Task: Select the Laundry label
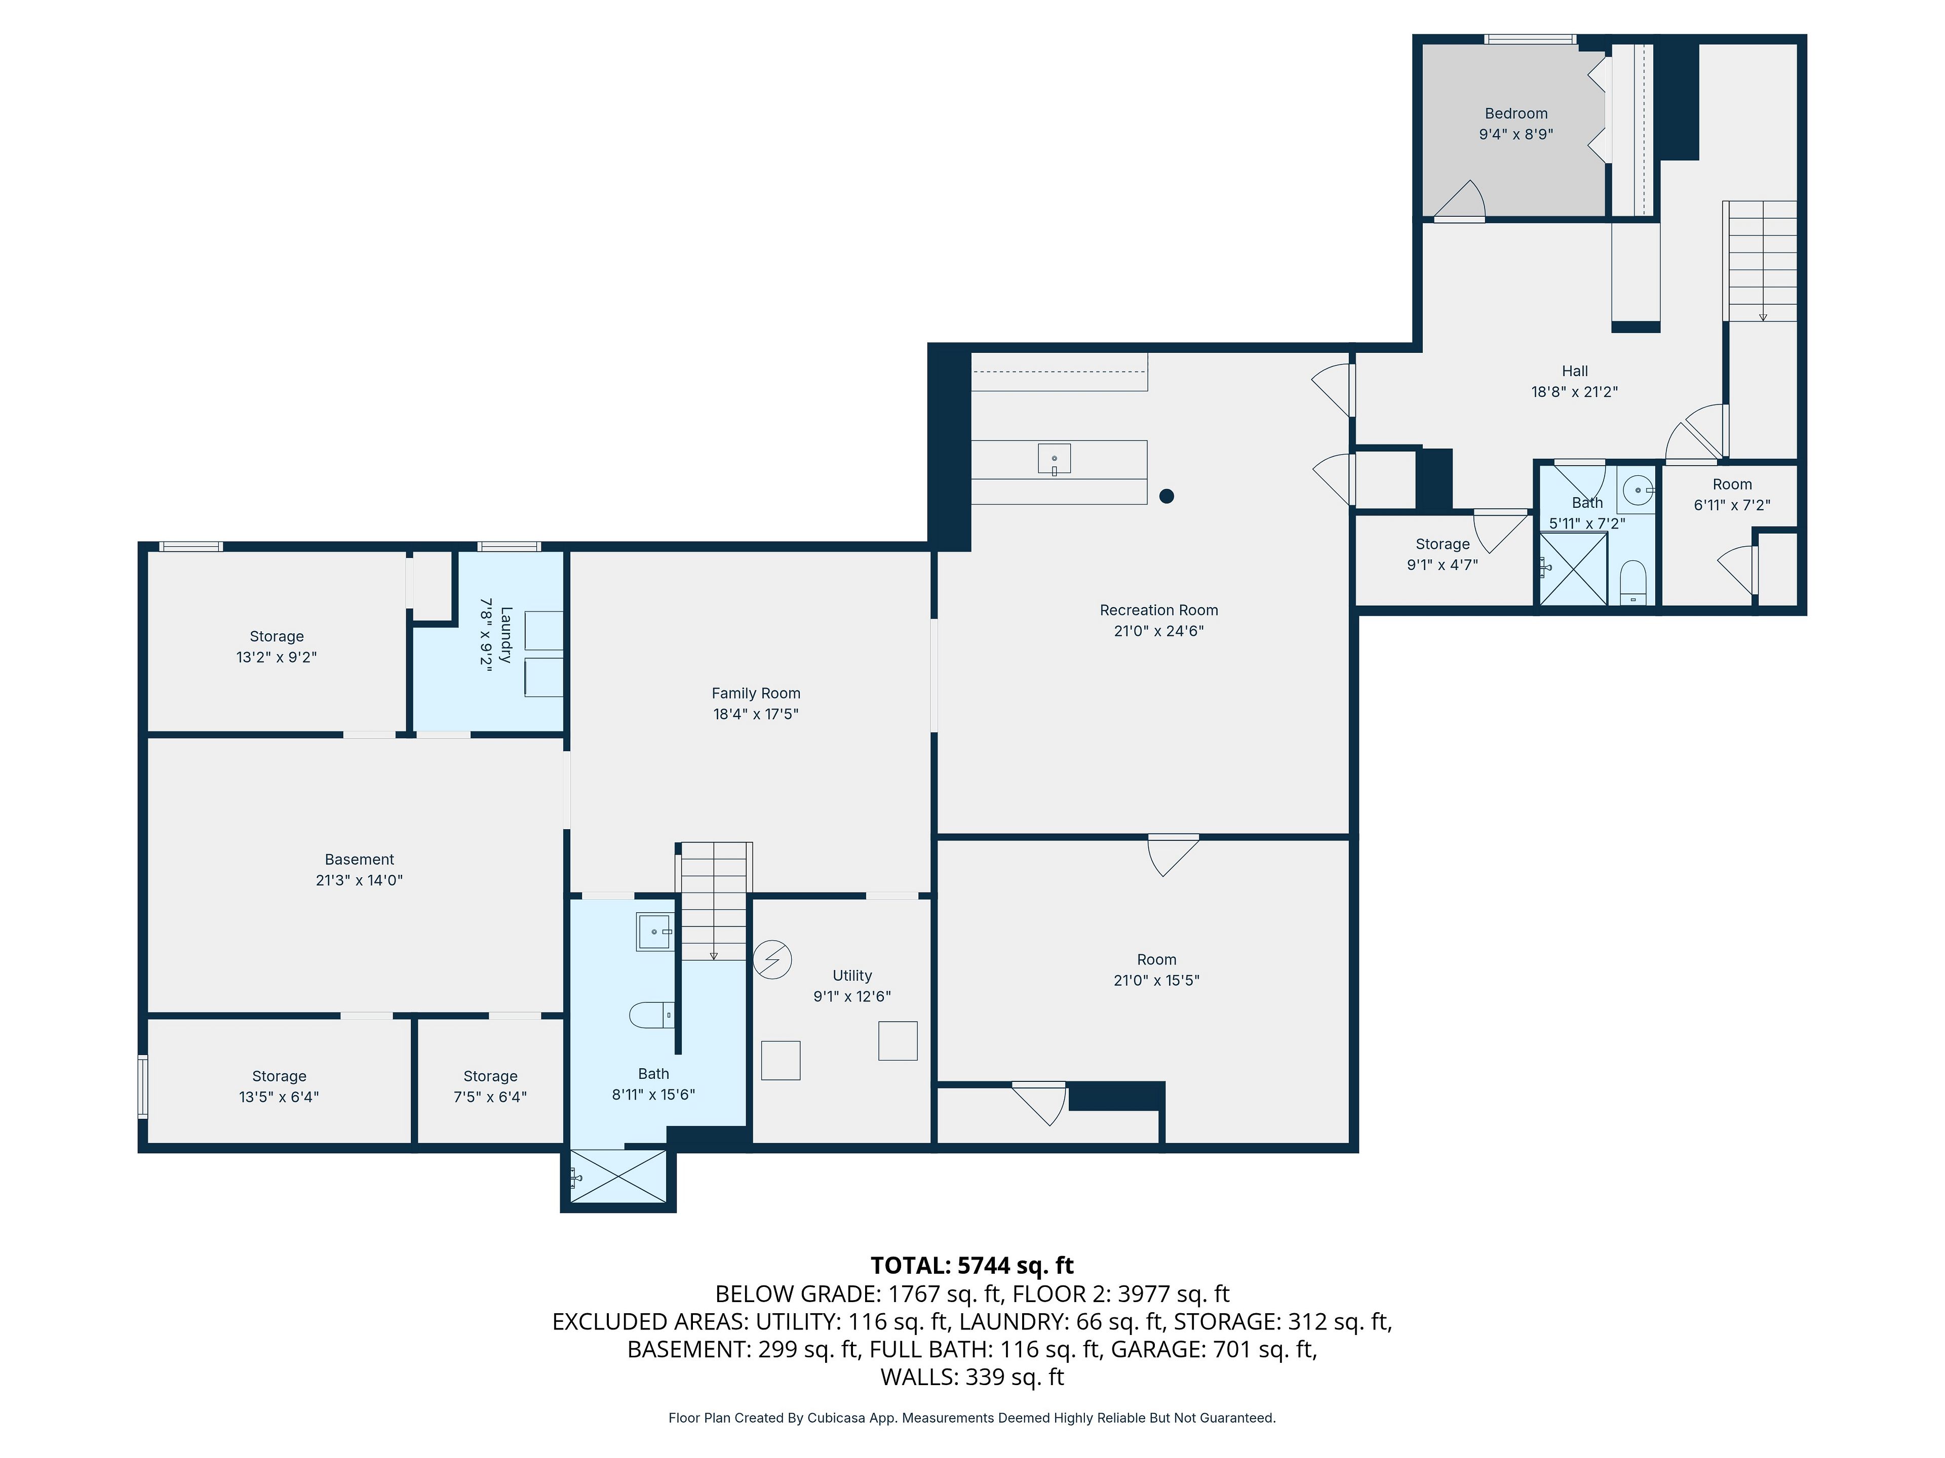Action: [505, 634]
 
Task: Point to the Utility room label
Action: [852, 976]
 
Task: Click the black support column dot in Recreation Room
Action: [1167, 496]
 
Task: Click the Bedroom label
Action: [1516, 113]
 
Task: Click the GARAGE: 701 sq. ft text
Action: [1214, 1349]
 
